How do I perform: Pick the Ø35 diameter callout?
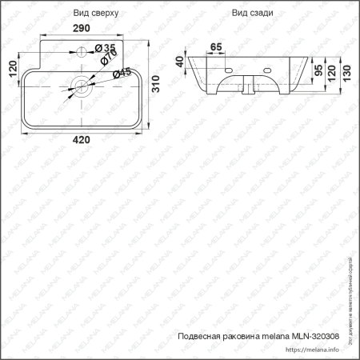(x=105, y=50)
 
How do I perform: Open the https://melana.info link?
(x=314, y=350)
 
